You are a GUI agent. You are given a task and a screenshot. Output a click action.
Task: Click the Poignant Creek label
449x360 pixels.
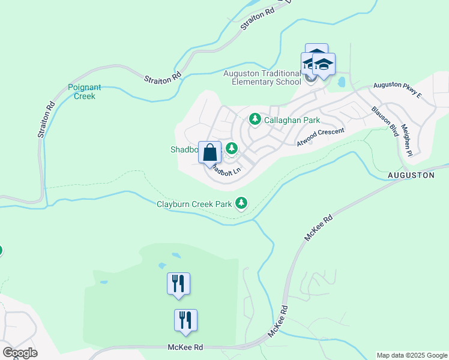[x=82, y=91]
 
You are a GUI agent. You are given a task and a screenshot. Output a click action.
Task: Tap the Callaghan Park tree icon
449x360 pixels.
[x=255, y=119]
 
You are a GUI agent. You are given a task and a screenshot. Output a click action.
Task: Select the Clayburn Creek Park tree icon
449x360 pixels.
[x=241, y=204]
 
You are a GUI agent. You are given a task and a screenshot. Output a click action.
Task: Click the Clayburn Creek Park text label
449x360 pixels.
[x=194, y=204]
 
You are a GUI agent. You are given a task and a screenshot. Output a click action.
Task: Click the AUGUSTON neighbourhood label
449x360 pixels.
[x=411, y=175]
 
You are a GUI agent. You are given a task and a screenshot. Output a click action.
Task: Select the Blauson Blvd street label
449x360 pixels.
[x=385, y=121]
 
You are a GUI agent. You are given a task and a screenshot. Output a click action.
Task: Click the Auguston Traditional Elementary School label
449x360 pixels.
[x=262, y=78]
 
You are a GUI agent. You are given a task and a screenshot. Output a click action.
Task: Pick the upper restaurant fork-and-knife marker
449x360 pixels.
[x=178, y=283]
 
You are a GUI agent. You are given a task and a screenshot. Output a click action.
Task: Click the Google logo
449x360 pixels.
[x=20, y=353]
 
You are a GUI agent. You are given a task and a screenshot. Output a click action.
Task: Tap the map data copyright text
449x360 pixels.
[x=411, y=355]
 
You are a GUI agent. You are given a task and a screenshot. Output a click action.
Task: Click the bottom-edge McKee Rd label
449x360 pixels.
[x=185, y=347]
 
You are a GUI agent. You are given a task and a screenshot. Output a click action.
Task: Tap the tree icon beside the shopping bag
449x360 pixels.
[x=230, y=148]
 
